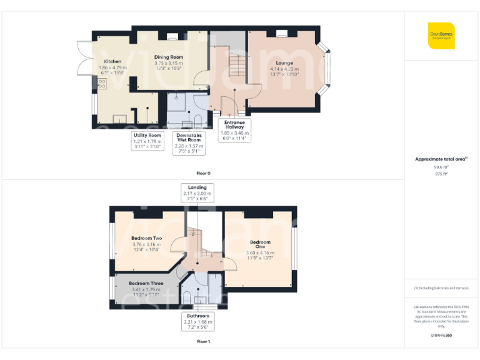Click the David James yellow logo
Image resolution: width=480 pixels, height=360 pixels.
(x=441, y=36)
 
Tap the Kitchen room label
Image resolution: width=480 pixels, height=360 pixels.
(x=112, y=61)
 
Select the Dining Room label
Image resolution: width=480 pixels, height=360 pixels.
(x=169, y=57)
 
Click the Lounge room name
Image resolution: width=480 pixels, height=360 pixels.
(x=284, y=63)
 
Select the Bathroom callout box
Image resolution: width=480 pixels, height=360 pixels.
(x=197, y=321)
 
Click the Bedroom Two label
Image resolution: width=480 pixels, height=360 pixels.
(x=147, y=238)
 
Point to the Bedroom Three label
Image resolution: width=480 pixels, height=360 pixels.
(x=146, y=283)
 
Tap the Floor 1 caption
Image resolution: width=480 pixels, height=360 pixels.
(x=203, y=342)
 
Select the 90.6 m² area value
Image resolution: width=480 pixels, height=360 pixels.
(x=441, y=167)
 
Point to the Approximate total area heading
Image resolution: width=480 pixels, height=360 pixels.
(x=441, y=159)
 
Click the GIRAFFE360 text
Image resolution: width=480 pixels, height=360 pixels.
(x=441, y=336)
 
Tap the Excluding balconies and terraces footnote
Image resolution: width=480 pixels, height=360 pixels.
(x=441, y=288)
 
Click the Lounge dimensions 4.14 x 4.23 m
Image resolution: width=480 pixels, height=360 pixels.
(x=284, y=69)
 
